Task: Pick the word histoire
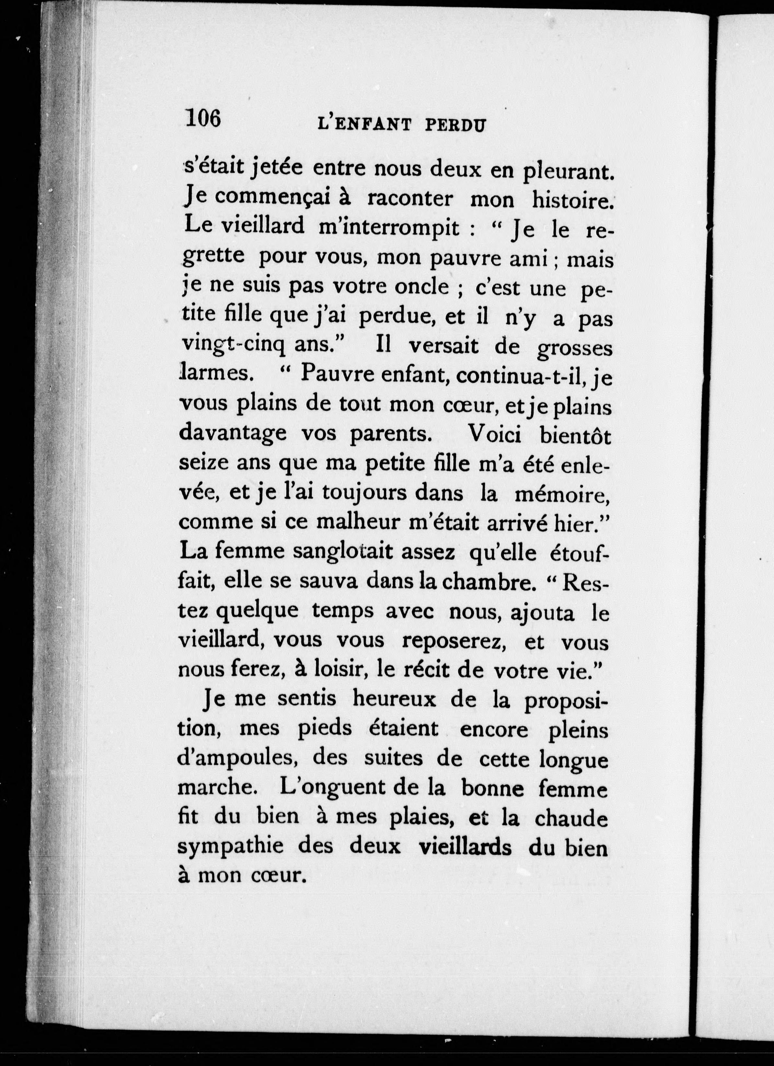pyautogui.click(x=572, y=200)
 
